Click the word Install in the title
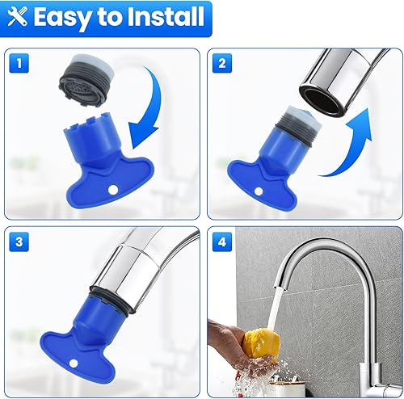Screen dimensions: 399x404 (162, 16)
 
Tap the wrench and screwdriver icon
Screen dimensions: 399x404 (19, 16)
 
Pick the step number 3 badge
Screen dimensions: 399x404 (20, 241)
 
